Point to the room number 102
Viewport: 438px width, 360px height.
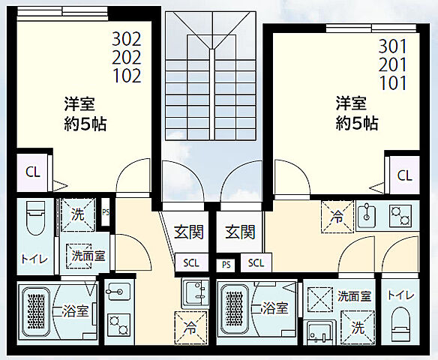point(126,76)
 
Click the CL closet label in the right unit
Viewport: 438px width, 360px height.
point(404,175)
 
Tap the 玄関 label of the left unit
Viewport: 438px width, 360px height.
point(189,232)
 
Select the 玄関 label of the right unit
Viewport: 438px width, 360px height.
point(239,232)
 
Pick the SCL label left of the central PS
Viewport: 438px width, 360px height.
point(189,262)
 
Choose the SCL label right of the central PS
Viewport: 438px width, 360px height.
point(256,262)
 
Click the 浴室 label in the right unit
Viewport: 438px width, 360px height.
point(274,307)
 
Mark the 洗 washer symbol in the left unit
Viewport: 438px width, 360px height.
point(77,214)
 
